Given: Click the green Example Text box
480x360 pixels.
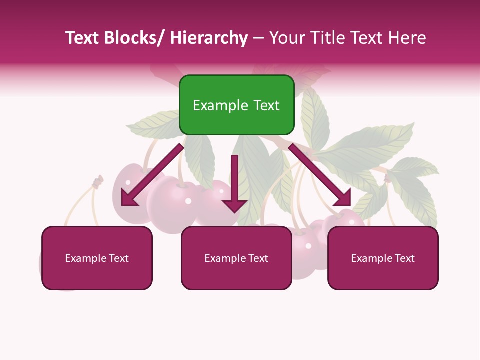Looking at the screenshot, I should tap(236, 105).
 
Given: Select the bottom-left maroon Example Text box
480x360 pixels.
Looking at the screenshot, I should tap(97, 258).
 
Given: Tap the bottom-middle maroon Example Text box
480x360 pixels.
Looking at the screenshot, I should tap(236, 258).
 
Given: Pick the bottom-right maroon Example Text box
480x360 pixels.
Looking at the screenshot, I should tap(383, 258).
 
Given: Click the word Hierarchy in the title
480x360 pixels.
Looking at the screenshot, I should tap(209, 38).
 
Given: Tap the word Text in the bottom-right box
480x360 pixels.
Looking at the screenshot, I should tap(403, 258).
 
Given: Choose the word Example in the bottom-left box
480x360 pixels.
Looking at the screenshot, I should tap(85, 258).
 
